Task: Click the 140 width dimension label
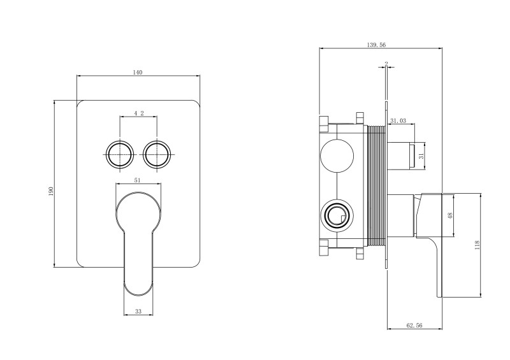tap(137, 72)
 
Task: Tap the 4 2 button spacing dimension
tap(138, 113)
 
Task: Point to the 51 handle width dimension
tap(138, 180)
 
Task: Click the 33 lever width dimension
tap(138, 312)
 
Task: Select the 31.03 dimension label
tap(398, 120)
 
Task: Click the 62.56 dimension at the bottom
tap(414, 325)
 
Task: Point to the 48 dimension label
tap(450, 216)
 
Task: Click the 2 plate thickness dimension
tap(386, 63)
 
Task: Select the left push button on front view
tap(119, 154)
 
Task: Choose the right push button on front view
tap(157, 154)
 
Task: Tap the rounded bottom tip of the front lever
tap(138, 287)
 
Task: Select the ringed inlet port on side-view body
tap(337, 216)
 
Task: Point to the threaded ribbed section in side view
tap(376, 185)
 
